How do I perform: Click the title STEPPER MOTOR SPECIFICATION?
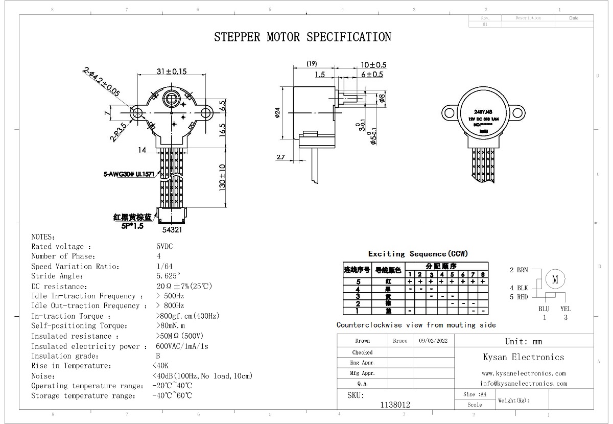tap(302, 37)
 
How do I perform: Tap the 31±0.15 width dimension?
tap(171, 72)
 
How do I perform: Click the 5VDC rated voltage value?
tap(164, 246)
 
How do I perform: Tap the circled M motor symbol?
tap(556, 279)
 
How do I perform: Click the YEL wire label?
tap(565, 309)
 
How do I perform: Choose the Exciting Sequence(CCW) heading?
tap(418, 253)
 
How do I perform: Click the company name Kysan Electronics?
tap(524, 357)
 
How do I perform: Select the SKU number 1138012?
tap(395, 404)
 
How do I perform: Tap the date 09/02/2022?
tap(433, 341)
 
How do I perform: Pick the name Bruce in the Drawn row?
tap(400, 341)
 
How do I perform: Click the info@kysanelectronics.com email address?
tap(524, 383)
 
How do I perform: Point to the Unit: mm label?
tap(524, 341)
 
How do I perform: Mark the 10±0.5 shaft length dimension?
tap(373, 65)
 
